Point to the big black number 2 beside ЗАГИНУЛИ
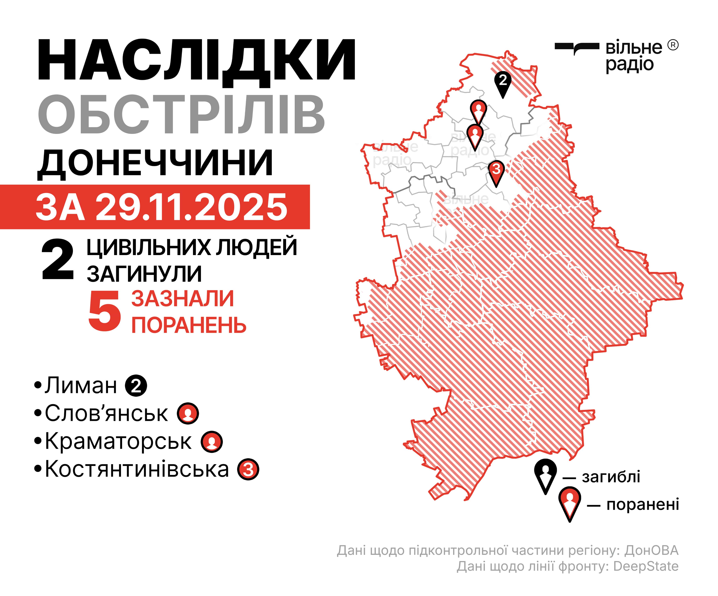(57, 260)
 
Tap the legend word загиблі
(611, 477)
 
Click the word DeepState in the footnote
(645, 566)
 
